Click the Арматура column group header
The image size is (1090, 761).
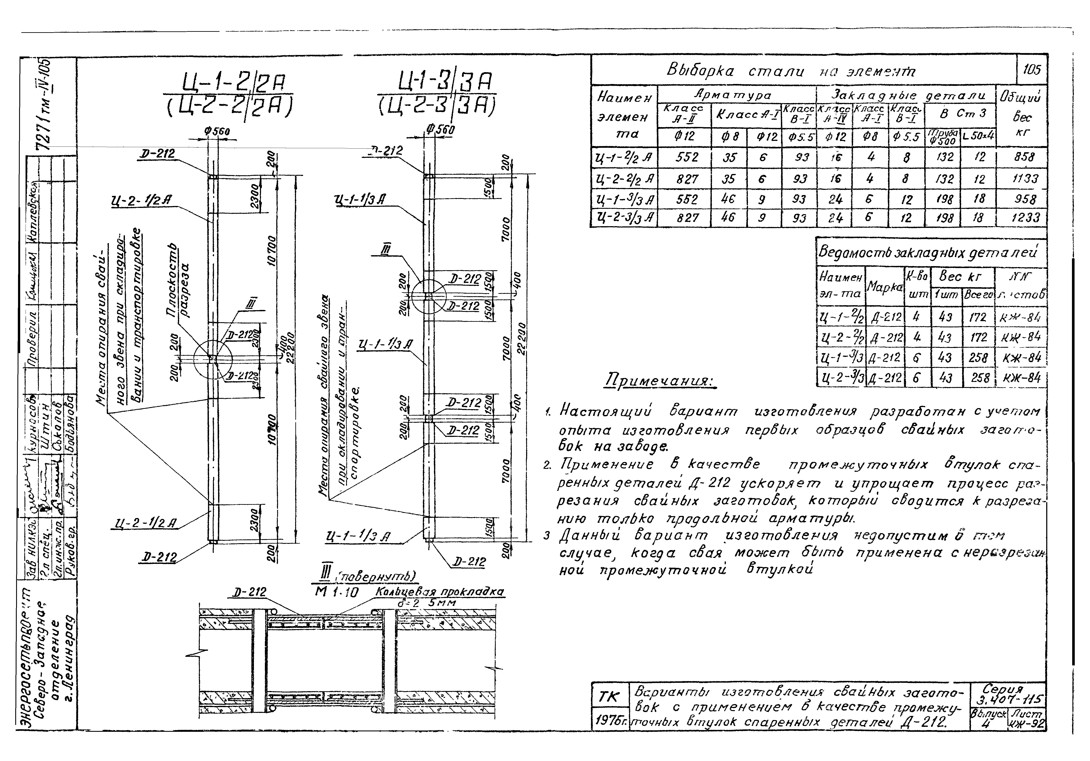point(736,95)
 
